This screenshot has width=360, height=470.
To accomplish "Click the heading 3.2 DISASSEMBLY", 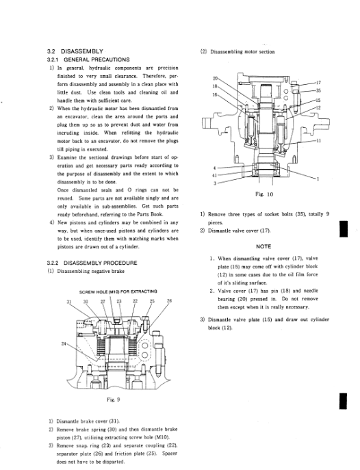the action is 75,51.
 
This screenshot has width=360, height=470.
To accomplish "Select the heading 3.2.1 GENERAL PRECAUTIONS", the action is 88,60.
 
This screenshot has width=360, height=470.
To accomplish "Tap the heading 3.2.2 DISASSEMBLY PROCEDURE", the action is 92,263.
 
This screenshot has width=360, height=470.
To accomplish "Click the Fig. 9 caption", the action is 114,400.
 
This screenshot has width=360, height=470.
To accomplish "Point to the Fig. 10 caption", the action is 264,194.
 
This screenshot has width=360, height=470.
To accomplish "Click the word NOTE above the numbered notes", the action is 263,246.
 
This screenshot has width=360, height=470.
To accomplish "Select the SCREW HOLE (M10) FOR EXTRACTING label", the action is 118,291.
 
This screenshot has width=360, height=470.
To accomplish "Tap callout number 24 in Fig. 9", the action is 64,344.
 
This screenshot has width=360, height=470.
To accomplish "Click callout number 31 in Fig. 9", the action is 69,301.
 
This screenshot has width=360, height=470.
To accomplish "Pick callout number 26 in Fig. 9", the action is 169,301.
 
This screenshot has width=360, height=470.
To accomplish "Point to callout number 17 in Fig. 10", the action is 318,82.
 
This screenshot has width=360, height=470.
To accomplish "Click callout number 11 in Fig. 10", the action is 318,140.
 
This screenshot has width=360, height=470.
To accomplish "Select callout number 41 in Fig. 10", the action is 214,176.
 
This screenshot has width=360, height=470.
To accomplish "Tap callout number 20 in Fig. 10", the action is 215,79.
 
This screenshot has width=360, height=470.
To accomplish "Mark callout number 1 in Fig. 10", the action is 318,179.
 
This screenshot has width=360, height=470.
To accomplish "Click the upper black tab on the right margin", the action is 344,229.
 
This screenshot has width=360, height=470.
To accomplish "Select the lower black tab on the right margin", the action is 344,401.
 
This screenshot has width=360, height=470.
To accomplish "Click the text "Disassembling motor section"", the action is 242,52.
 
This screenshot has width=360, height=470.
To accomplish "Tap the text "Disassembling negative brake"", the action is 90,272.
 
